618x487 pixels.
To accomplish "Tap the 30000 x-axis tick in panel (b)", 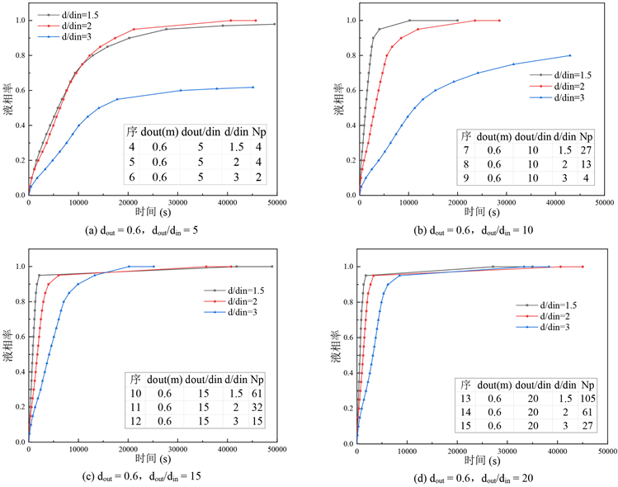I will coord(507,203).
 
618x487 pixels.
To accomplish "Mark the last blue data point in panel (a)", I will coord(252,87).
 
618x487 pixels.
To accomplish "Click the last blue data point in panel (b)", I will coord(570,55).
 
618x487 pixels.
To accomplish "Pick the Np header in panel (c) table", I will coord(257,380).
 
